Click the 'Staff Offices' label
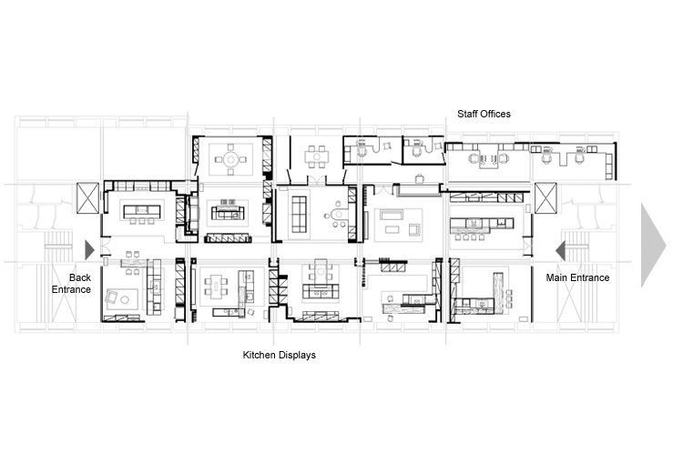[x=484, y=114]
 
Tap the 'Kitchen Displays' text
[x=280, y=355]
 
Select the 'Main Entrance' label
[x=577, y=277]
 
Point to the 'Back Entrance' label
[x=71, y=284]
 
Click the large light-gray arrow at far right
[x=653, y=245]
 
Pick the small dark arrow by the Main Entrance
[x=561, y=251]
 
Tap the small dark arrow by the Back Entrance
[x=90, y=250]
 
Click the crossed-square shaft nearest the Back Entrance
[x=88, y=198]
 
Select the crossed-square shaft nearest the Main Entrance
[x=545, y=198]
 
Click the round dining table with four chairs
[x=231, y=160]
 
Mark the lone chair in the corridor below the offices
[x=420, y=178]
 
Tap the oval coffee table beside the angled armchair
[x=126, y=299]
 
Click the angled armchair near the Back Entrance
[x=111, y=297]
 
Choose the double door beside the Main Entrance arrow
[x=527, y=247]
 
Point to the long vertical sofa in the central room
[x=299, y=214]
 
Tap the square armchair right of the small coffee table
[x=414, y=230]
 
